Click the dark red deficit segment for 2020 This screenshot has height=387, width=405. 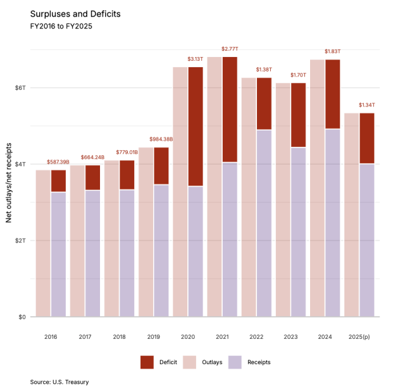pos(195,127)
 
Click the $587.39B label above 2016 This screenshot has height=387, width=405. pos(58,162)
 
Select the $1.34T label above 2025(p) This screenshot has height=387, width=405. pos(366,105)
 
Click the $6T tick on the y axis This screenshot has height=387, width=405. pos(20,87)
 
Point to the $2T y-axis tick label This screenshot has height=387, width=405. pos(20,241)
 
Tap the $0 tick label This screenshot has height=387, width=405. pos(23,317)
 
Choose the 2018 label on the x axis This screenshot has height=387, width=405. pos(119,337)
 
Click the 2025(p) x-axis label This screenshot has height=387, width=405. pos(358,337)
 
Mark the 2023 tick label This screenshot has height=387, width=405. pos(290,337)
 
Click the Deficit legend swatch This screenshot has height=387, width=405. pos(147,362)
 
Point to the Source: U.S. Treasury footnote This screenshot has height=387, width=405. pos(59,382)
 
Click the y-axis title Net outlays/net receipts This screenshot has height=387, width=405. pos(9,182)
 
